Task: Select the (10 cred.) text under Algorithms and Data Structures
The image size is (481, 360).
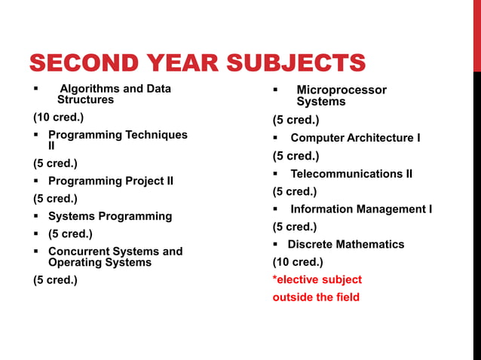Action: click(x=58, y=117)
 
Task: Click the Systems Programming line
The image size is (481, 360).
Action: click(x=110, y=216)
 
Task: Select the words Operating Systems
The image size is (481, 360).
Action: click(x=100, y=262)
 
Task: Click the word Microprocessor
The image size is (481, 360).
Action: click(x=341, y=90)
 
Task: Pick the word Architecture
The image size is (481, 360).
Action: click(x=376, y=138)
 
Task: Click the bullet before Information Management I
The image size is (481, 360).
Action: click(x=276, y=209)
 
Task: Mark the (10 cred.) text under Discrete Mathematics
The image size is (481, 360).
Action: click(x=298, y=262)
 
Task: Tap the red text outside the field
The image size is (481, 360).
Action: click(x=316, y=297)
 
